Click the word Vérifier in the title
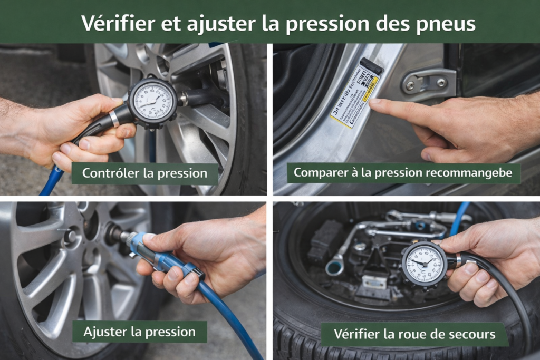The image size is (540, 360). [113, 23]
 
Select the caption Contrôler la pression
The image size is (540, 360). [144, 173]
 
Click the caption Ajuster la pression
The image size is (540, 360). [139, 332]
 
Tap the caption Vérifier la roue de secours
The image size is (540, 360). [414, 334]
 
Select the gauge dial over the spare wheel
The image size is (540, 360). [425, 264]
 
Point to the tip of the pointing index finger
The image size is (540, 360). [373, 102]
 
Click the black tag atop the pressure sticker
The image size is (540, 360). [371, 66]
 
